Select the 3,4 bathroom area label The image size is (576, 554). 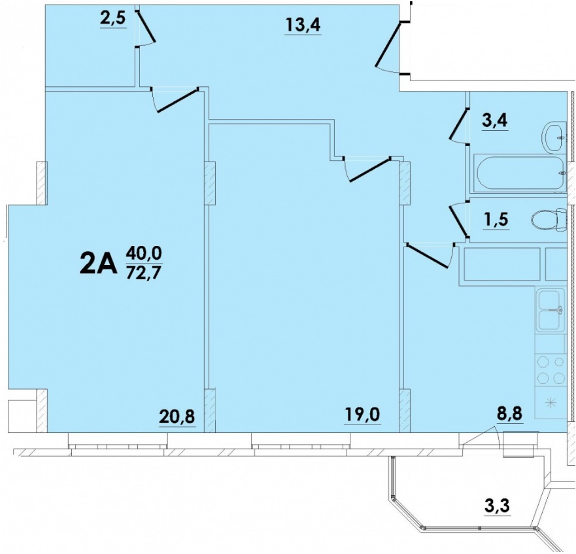pos(495,120)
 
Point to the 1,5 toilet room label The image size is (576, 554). pos(496,220)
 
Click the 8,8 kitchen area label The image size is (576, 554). pos(510,414)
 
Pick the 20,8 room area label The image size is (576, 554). pos(177,417)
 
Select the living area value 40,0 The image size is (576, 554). pos(144,253)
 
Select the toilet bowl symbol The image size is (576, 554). pos(550,220)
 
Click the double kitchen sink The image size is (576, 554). pos(551,310)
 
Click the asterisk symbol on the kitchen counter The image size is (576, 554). pos(551,402)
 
